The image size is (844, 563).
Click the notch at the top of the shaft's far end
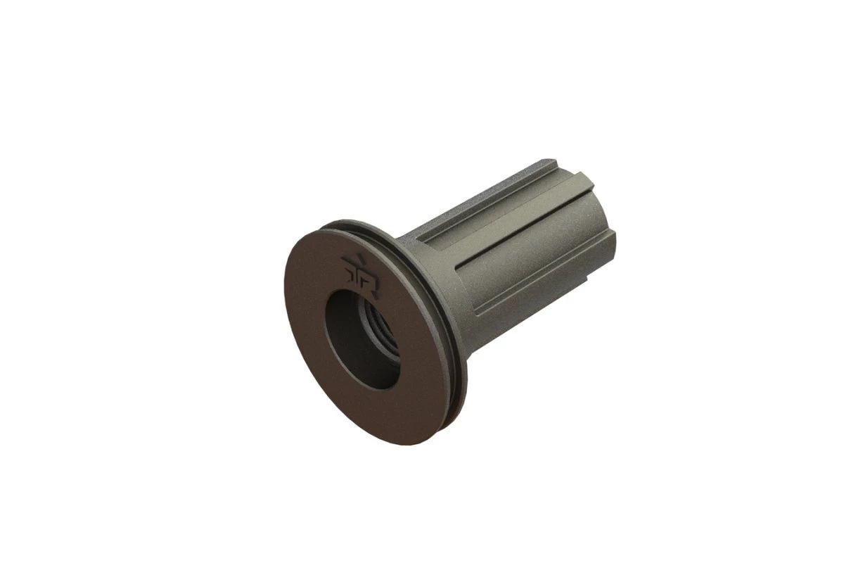coord(563,166)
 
